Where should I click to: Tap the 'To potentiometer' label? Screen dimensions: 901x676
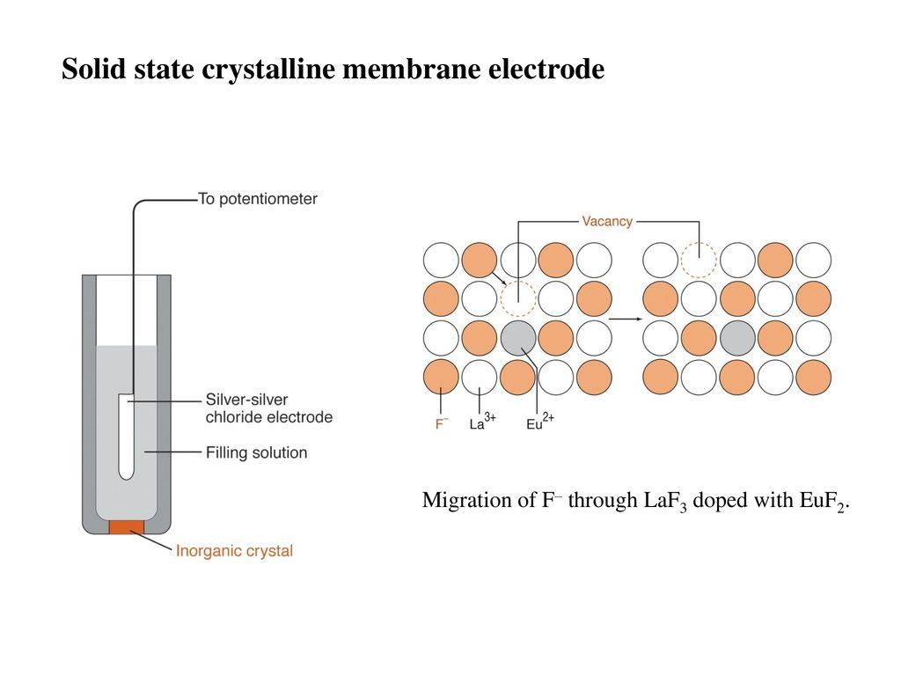click(x=258, y=199)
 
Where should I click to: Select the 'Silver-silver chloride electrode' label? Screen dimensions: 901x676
click(x=269, y=408)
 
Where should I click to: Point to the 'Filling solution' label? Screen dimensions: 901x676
click(x=256, y=452)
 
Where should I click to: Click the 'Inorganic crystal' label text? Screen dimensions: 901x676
click(x=234, y=551)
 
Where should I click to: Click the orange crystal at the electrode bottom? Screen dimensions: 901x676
click(x=127, y=526)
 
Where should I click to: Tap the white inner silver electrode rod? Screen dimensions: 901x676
click(x=127, y=437)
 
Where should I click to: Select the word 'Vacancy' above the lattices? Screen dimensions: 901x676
click(x=607, y=221)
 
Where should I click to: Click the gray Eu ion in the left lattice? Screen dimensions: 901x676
click(x=518, y=337)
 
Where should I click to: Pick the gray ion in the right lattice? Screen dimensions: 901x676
click(x=737, y=337)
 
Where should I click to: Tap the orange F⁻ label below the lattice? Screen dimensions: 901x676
click(x=442, y=424)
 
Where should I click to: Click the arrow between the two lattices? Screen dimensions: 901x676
click(x=626, y=318)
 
